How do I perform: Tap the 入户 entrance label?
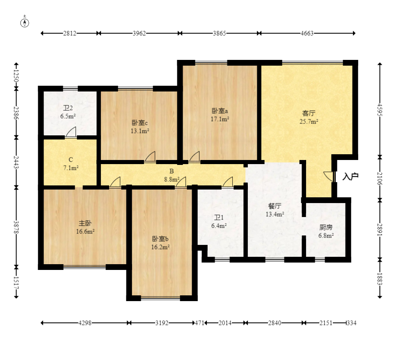tap(350, 176)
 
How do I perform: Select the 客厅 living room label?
tap(309, 113)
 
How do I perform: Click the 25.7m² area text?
tap(309, 121)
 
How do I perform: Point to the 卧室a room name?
tap(220, 111)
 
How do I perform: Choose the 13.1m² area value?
tap(140, 131)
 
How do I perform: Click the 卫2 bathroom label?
tap(68, 108)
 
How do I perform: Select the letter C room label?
tap(71, 160)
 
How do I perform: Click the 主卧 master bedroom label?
tap(85, 223)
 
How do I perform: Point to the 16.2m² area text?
tap(160, 247)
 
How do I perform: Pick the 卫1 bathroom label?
tap(219, 217)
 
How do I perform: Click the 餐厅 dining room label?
tap(275, 206)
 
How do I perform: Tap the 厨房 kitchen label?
tap(326, 227)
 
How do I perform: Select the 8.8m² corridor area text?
tap(172, 179)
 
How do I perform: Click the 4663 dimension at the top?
tap(307, 33)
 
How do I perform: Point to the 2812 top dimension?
tap(70, 33)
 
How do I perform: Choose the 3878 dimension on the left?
tap(16, 227)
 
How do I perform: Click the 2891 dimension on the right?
tap(380, 230)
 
